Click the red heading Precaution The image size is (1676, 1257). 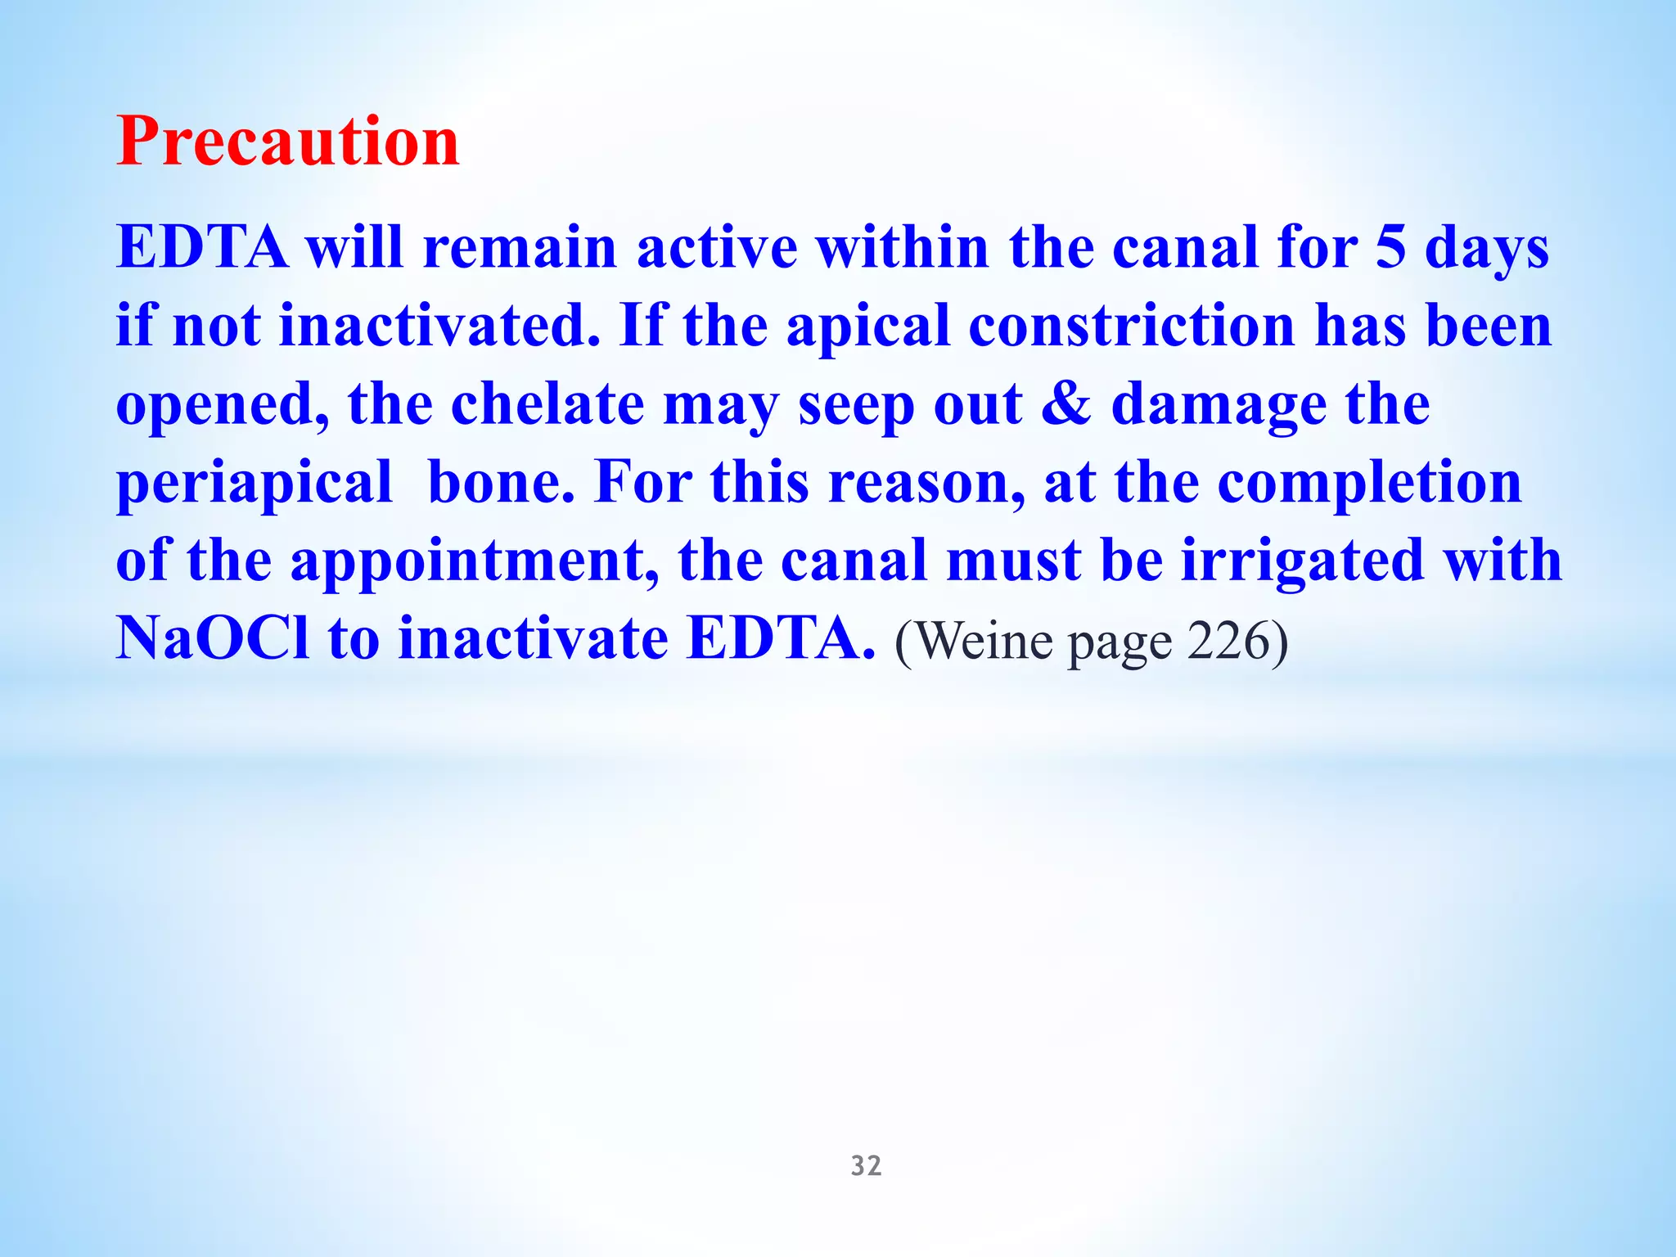[x=287, y=142]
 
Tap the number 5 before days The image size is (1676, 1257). [x=1390, y=247]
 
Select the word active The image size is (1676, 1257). [x=717, y=247]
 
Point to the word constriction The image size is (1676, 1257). [x=1132, y=326]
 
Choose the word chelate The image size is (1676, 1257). [x=547, y=404]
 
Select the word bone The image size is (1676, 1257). [x=500, y=483]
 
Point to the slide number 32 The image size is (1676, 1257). [x=866, y=1165]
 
